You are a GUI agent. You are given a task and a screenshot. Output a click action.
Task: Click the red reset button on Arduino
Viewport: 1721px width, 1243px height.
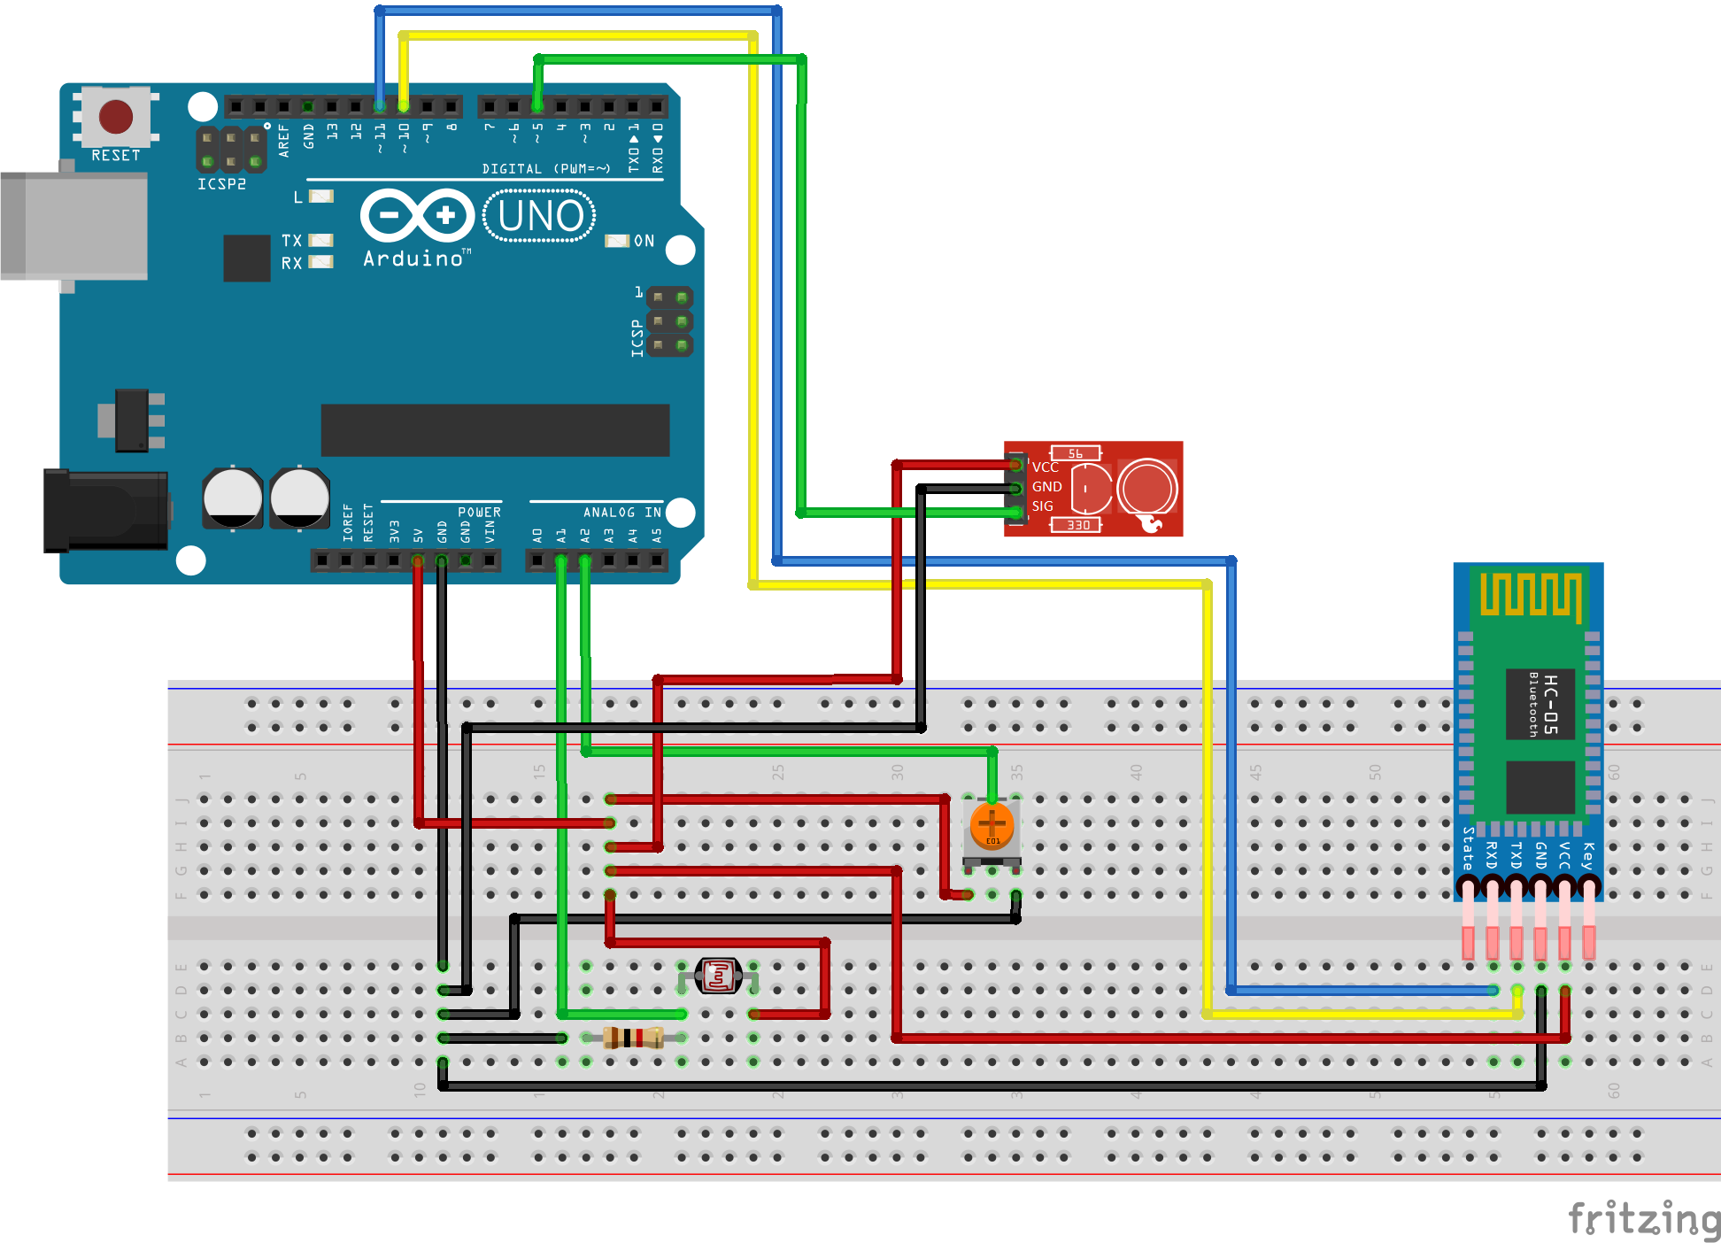click(x=116, y=116)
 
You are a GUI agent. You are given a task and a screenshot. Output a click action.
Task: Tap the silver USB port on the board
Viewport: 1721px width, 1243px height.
click(x=74, y=226)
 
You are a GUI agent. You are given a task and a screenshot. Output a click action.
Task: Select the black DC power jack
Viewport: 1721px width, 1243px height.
click(x=106, y=511)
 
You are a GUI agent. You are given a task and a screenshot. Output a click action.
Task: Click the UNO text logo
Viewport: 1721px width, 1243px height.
click(x=539, y=216)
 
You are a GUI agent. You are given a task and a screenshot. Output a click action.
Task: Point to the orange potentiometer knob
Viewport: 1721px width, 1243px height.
click(x=992, y=824)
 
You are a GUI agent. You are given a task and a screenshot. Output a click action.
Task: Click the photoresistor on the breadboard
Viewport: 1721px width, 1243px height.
click(x=718, y=976)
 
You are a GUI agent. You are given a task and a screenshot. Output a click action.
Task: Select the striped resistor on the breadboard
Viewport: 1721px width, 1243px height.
click(x=633, y=1037)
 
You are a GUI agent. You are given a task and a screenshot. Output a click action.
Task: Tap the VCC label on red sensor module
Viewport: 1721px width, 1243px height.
click(x=1045, y=467)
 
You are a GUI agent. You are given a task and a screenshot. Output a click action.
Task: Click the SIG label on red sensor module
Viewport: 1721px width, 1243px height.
click(x=1042, y=506)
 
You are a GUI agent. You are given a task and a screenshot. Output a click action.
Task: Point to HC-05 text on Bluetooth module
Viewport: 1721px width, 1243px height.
click(x=1550, y=704)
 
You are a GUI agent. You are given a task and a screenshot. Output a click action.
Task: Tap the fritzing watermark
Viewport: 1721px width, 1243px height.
click(x=1644, y=1219)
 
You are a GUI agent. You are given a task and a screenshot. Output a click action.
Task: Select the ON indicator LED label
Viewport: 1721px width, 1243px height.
click(x=644, y=241)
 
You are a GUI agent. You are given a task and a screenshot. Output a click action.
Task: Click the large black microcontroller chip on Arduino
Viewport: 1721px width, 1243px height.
click(x=495, y=430)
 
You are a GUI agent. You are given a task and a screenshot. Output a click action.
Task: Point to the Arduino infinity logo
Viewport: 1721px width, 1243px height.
click(x=417, y=215)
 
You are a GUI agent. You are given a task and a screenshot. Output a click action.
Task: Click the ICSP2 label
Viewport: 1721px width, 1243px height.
click(x=221, y=184)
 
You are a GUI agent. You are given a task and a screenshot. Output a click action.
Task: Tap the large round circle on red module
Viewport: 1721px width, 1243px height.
click(x=1147, y=488)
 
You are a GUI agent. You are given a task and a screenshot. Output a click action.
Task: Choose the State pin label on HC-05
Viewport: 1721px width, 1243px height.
click(x=1468, y=848)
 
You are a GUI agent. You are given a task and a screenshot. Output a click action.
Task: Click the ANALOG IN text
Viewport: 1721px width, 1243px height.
click(x=621, y=513)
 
